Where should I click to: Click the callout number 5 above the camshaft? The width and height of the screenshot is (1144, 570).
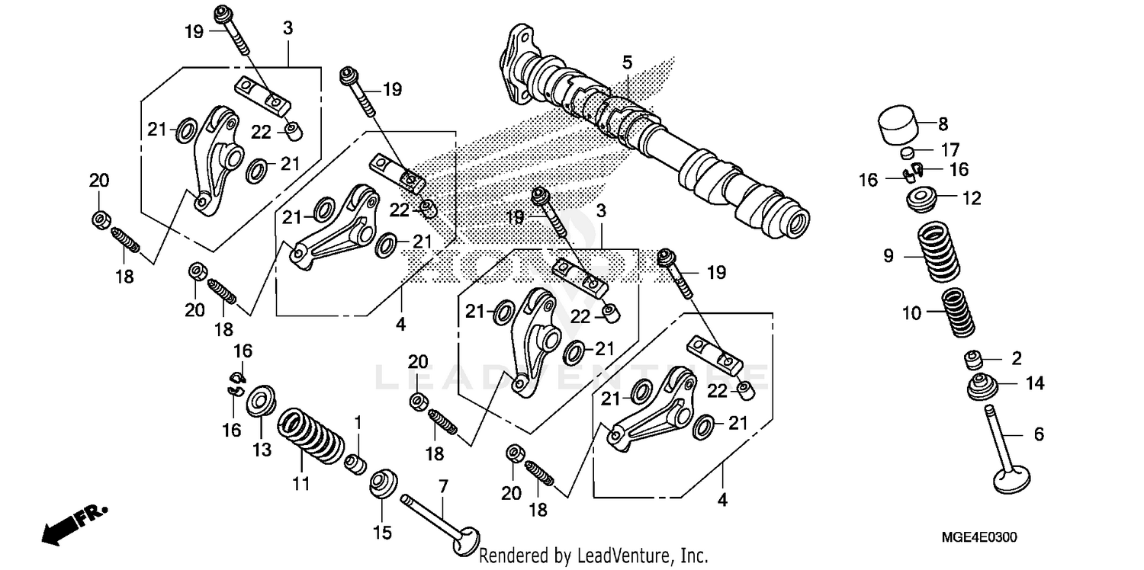tap(627, 61)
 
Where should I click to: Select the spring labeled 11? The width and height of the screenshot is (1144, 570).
tap(310, 438)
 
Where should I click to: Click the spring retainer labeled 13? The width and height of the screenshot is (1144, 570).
tap(261, 401)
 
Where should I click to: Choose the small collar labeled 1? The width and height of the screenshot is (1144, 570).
tap(354, 463)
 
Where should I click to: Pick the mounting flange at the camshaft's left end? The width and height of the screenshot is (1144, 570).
tap(515, 65)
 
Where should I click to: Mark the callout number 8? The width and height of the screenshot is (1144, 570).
tap(943, 123)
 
